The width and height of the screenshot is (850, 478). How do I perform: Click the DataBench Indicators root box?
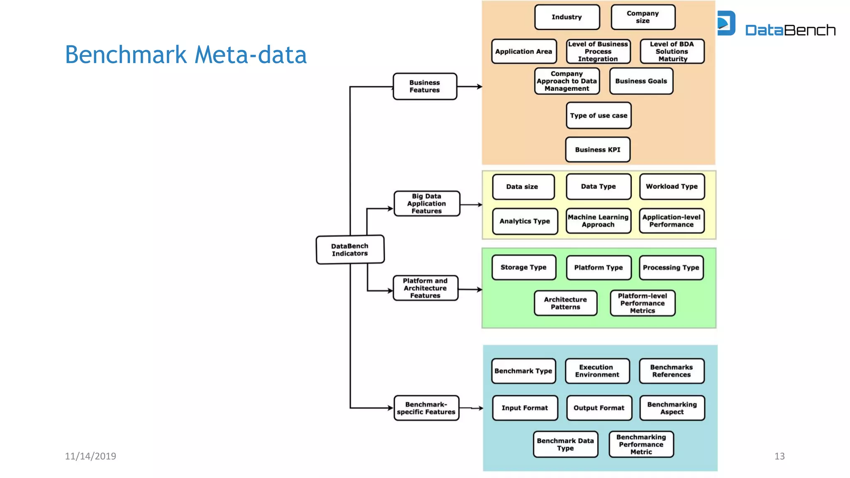coord(350,250)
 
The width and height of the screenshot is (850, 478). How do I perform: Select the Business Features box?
coord(425,86)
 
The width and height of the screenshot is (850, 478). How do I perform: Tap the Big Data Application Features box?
coord(427,203)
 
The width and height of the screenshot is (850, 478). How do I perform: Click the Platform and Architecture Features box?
coord(425,288)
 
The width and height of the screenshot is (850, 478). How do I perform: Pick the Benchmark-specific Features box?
coord(426,408)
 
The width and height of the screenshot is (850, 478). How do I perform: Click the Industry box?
coord(567,17)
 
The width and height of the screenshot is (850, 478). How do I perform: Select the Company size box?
coord(643,17)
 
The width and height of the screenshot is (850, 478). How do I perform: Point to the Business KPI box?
coord(598,149)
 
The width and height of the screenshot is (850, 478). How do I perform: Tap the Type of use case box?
coord(598,115)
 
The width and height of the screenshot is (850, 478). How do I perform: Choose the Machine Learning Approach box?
coord(598,221)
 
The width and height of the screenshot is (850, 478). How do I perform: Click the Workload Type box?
coord(672,186)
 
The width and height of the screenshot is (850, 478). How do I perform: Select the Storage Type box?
coord(524,267)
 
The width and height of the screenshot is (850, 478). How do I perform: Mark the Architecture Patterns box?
coord(565,303)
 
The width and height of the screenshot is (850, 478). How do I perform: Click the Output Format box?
coord(599,408)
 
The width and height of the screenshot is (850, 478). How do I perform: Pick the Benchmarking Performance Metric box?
coord(641,444)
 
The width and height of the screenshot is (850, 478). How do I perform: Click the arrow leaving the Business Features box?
coord(470,87)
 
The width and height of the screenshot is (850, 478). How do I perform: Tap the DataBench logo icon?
coord(726,23)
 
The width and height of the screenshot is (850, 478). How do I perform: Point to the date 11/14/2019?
coord(90,456)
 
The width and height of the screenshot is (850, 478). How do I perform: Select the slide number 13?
coord(779,456)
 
